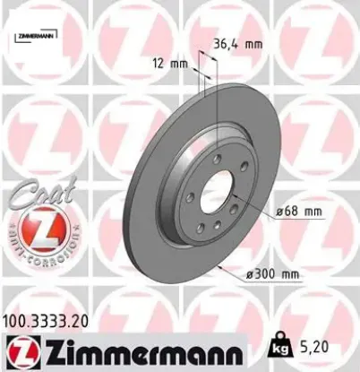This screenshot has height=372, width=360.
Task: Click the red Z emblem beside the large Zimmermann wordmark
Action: (x=19, y=349)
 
